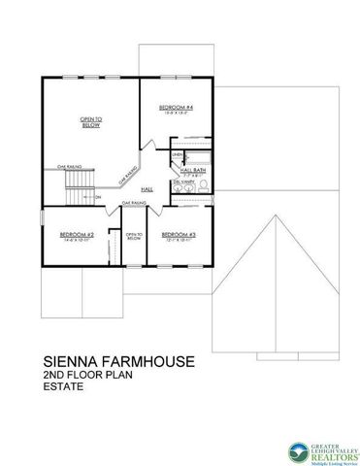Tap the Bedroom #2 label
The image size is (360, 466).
76,237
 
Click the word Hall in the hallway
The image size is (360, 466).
147,188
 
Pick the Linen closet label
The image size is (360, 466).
178,155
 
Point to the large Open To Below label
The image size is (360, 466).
90,121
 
